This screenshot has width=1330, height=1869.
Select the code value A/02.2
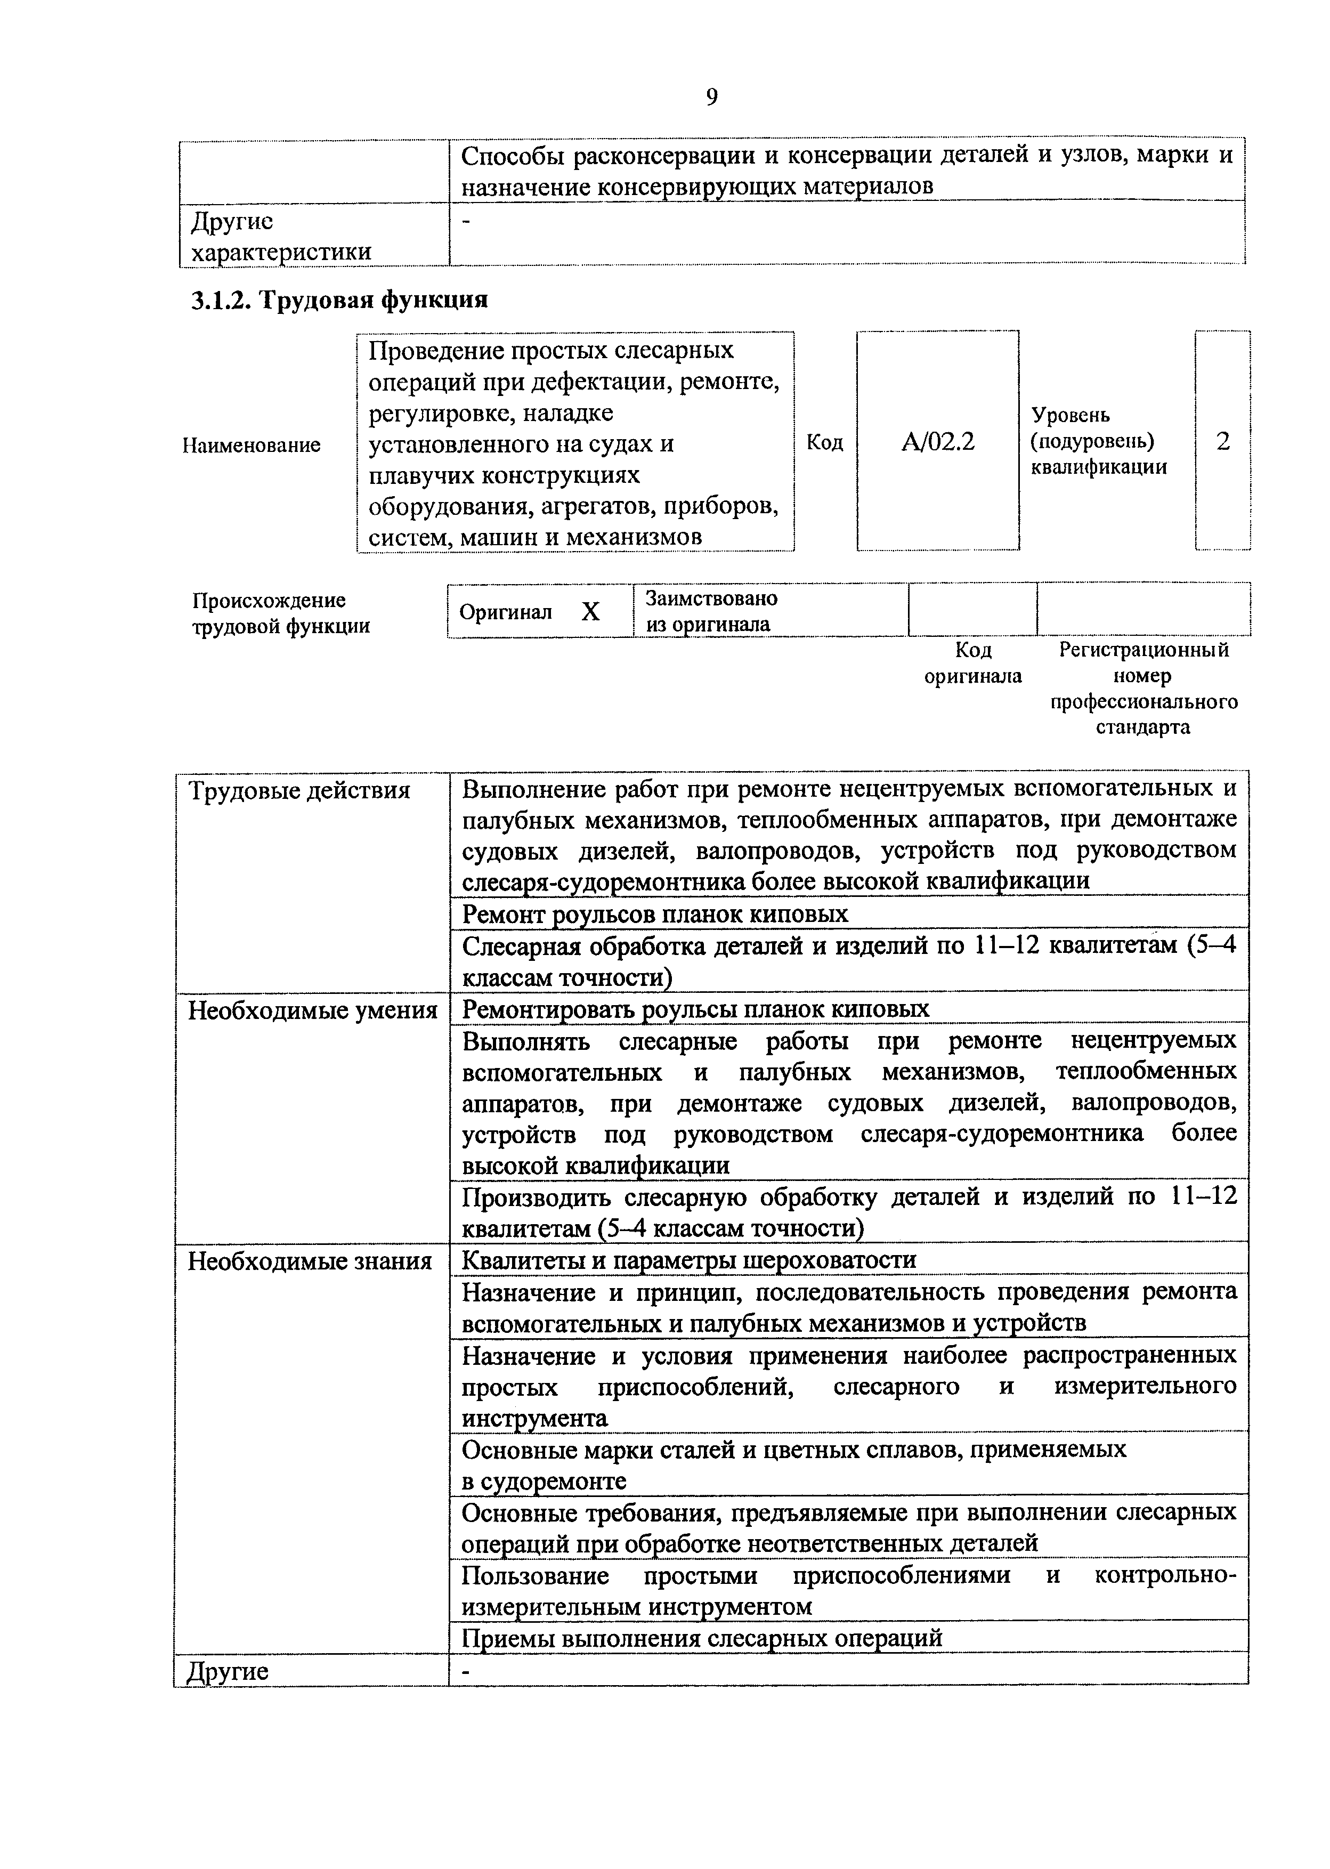938,442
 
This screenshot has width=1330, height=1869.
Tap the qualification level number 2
1223,442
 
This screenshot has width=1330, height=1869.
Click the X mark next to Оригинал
590,612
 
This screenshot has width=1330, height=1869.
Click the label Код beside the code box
825,442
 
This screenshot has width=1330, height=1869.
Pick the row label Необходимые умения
312,1010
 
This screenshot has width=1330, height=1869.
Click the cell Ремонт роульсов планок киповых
655,914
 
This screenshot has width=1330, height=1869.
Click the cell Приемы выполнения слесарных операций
702,1638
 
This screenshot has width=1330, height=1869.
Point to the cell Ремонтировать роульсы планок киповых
695,1009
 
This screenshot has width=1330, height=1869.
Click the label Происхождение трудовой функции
280,613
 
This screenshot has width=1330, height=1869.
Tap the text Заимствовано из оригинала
710,611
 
